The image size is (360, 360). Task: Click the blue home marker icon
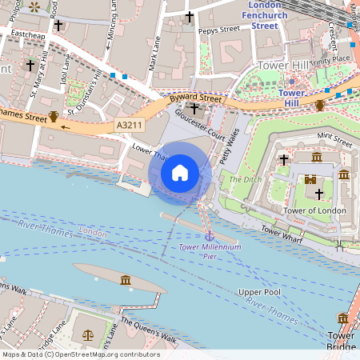(x=180, y=173)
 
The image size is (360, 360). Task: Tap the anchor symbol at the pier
(x=209, y=236)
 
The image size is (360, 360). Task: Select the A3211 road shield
(x=129, y=126)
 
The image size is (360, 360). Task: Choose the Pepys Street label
(x=218, y=29)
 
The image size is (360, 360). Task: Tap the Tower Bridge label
(x=342, y=341)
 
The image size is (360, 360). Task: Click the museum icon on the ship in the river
(x=126, y=279)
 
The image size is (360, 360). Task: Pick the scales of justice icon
(x=86, y=334)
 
